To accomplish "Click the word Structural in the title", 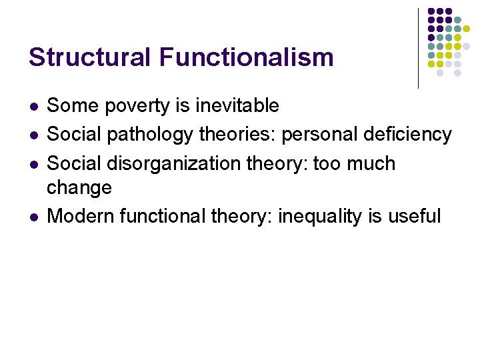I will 90,57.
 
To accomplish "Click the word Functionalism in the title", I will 246,57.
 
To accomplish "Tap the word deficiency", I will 407,135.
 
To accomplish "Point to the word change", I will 79,188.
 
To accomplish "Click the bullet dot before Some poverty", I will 34,106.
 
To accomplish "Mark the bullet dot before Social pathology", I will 34,135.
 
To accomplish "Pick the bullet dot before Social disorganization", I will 34,164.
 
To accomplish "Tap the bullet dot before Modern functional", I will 34,217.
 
